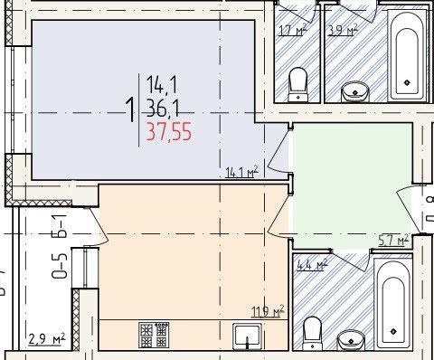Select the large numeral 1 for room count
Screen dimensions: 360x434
(133, 110)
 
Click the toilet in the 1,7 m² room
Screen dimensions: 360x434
(297, 85)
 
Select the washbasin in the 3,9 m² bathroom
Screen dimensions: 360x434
(355, 90)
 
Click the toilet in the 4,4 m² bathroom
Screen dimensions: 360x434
(313, 331)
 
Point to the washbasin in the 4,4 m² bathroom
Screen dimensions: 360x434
(351, 339)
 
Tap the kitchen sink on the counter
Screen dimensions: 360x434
(247, 336)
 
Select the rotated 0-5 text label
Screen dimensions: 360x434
(60, 269)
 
